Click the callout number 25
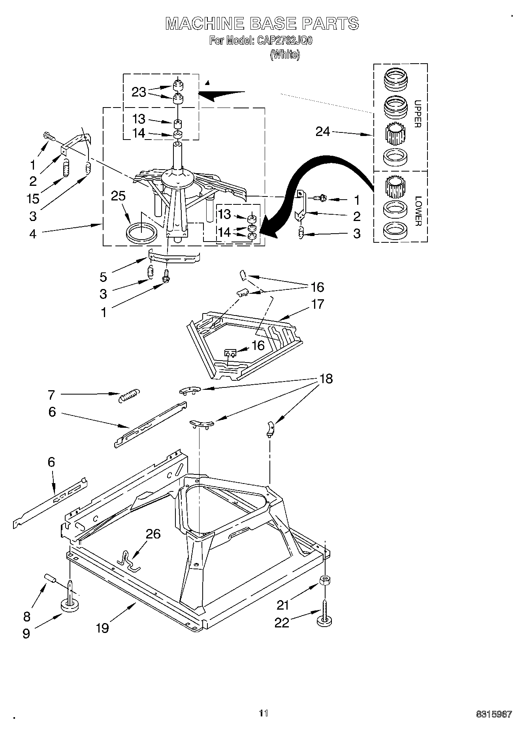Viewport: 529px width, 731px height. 118,196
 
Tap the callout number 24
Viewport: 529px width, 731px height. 322,131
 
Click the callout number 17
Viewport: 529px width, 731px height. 317,304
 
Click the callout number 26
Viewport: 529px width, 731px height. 153,534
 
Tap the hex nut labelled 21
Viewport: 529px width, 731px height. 325,580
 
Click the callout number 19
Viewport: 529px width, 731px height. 102,627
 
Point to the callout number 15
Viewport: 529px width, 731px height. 33,198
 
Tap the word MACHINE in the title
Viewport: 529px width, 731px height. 204,23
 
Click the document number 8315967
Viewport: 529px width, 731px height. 494,714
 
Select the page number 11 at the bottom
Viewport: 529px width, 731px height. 264,713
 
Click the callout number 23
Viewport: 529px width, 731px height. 139,92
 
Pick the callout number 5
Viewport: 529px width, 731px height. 103,277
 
